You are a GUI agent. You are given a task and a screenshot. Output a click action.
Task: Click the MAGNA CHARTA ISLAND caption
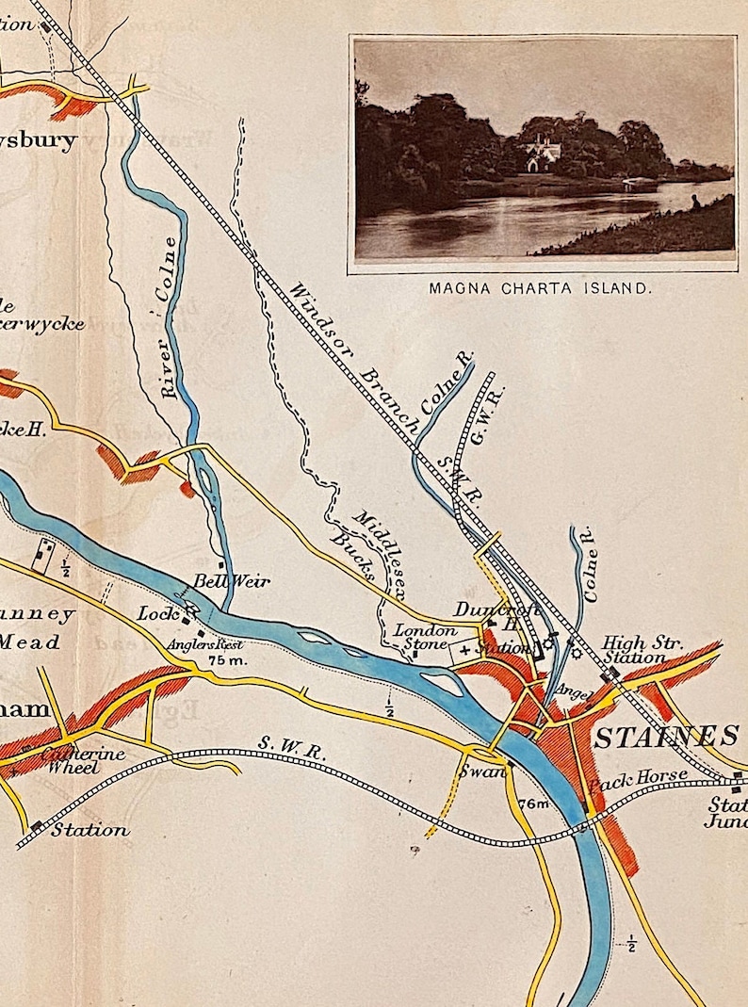(x=540, y=288)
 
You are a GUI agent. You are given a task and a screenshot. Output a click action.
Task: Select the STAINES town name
(x=665, y=736)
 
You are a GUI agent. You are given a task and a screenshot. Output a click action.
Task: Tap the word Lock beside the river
(x=158, y=613)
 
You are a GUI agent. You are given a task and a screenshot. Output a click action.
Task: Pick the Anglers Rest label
(x=205, y=645)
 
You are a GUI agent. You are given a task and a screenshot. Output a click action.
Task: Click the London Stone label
(x=425, y=638)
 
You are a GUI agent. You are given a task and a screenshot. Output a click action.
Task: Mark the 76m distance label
(x=532, y=804)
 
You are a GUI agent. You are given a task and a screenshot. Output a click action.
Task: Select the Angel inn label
(x=572, y=691)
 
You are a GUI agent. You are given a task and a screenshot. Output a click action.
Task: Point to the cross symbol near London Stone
(x=465, y=649)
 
